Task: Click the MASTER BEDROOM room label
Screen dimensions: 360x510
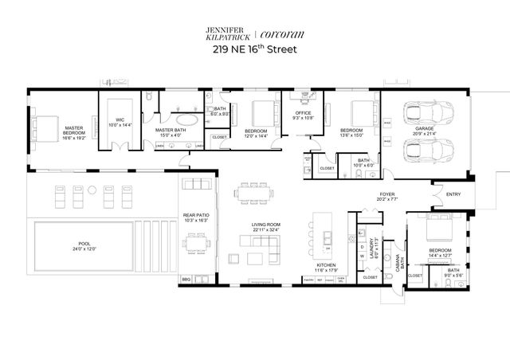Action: [76, 127]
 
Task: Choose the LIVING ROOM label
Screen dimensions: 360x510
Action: [265, 225]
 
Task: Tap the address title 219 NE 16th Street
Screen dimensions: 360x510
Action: [256, 49]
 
